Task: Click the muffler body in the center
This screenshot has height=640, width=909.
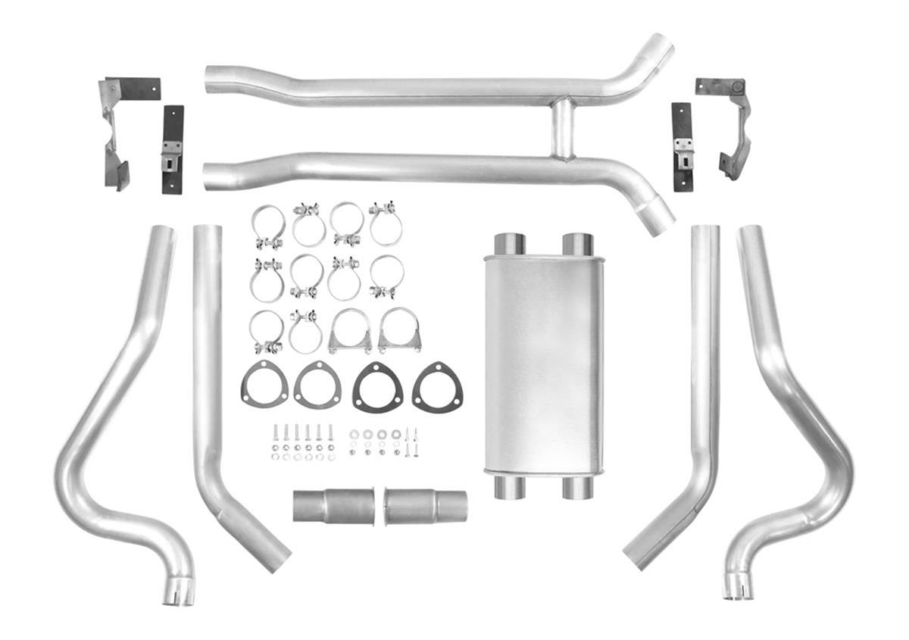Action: [544, 364]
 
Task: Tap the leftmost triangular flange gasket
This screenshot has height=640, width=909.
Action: [264, 385]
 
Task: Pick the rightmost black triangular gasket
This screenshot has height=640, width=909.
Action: [438, 388]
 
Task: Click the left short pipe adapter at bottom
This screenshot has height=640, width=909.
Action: [333, 506]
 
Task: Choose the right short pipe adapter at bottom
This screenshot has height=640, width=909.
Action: [425, 506]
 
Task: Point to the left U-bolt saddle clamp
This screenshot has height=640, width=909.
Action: [350, 332]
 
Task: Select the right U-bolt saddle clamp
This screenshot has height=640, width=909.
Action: [399, 332]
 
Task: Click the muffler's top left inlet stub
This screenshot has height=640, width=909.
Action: [510, 244]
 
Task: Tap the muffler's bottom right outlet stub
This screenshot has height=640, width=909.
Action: [577, 488]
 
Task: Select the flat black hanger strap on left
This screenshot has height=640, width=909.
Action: [173, 149]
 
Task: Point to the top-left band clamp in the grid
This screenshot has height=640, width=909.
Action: [267, 226]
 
